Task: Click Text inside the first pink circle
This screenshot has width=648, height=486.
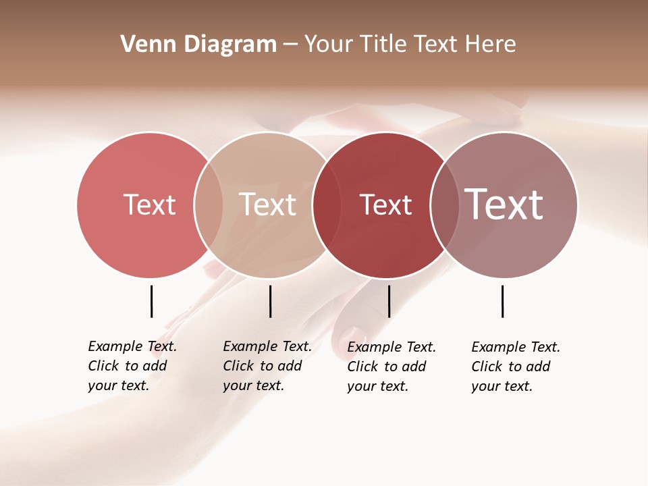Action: click(x=149, y=205)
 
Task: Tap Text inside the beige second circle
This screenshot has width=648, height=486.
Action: click(x=267, y=205)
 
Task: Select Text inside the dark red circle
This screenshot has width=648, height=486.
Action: click(x=385, y=205)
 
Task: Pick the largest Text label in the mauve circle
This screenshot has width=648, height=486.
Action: click(x=504, y=204)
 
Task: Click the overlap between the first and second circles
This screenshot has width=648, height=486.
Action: click(x=208, y=205)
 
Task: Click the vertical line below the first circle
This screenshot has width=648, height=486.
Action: click(x=151, y=301)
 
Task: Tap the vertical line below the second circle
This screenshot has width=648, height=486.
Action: click(x=270, y=301)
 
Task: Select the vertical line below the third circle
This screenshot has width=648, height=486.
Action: click(x=389, y=301)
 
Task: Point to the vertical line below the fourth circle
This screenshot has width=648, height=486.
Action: click(x=502, y=301)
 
